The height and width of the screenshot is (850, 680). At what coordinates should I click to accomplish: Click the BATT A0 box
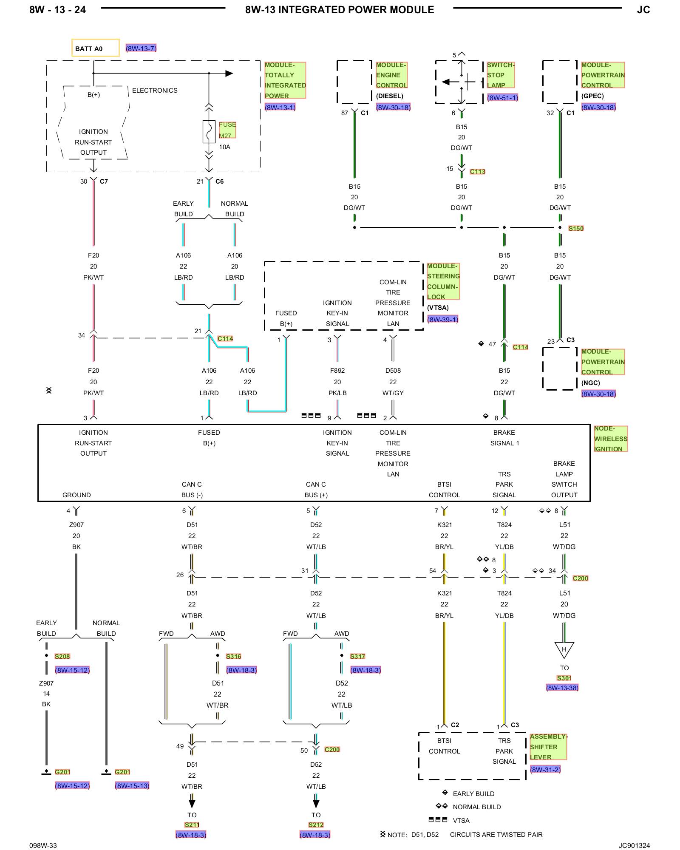(95, 48)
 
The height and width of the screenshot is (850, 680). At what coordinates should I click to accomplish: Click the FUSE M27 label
(227, 130)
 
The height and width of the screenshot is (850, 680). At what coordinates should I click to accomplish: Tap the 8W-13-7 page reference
(141, 48)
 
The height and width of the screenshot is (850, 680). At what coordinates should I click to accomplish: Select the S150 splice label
(576, 228)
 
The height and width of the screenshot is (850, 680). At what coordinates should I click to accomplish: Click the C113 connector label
(478, 172)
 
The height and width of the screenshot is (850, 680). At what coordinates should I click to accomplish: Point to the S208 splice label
(62, 656)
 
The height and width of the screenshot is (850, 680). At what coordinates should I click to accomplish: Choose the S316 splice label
(233, 656)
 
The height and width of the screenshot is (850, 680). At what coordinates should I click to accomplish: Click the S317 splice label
(357, 656)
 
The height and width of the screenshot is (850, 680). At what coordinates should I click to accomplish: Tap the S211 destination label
(192, 824)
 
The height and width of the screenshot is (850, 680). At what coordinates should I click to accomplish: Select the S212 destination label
(316, 824)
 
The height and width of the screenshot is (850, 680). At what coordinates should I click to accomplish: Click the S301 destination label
(564, 678)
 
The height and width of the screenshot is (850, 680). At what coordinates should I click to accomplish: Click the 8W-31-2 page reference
(545, 769)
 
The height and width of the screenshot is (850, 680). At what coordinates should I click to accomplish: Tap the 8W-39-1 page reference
(443, 319)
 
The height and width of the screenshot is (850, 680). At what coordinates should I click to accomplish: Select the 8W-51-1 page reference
(503, 98)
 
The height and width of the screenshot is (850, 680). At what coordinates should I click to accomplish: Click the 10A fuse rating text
(225, 147)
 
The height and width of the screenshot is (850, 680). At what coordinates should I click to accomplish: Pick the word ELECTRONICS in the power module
(155, 91)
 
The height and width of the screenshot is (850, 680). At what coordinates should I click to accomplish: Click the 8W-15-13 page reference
(132, 786)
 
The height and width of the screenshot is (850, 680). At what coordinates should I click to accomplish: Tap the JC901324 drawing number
(634, 845)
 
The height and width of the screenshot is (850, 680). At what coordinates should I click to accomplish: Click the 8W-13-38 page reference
(562, 688)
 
